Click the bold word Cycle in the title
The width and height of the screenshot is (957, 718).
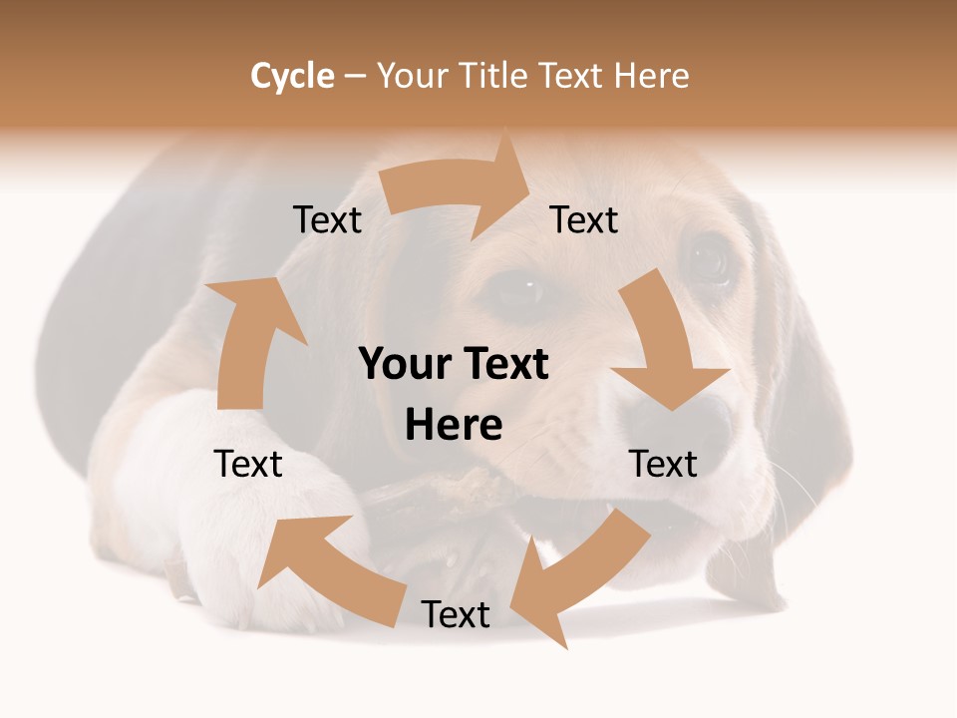(x=292, y=76)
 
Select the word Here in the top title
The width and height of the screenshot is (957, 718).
(x=651, y=76)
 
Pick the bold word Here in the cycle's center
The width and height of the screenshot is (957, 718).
(x=454, y=426)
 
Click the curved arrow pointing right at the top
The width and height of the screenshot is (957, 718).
(x=459, y=186)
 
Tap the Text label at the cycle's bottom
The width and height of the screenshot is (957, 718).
(x=456, y=614)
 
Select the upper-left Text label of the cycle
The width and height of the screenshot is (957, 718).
(x=327, y=219)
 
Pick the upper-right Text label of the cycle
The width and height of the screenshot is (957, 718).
(x=584, y=219)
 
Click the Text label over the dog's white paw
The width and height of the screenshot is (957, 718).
(x=248, y=464)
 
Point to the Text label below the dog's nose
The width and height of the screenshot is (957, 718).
(x=663, y=464)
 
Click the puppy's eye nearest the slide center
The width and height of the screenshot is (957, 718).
(x=519, y=290)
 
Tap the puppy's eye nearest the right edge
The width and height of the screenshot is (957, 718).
(x=710, y=259)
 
